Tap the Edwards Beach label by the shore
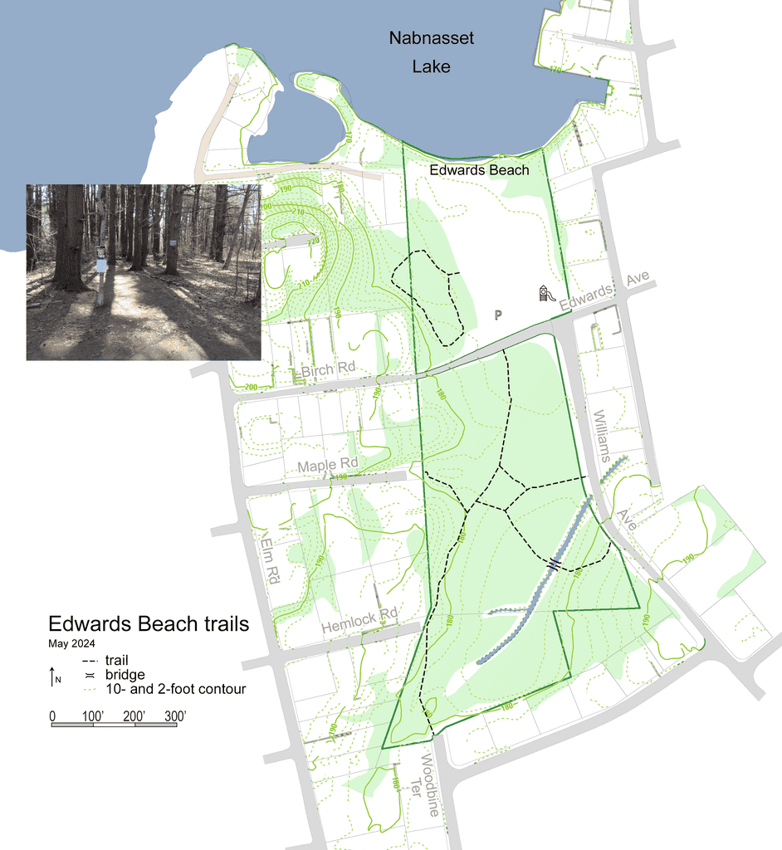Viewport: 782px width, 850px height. tap(479, 170)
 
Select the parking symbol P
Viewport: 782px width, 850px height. tap(498, 315)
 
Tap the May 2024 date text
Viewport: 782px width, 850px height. tap(71, 642)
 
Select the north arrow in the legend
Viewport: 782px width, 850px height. tap(53, 676)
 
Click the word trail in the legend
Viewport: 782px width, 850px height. tap(118, 660)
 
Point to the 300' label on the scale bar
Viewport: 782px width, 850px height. tap(174, 716)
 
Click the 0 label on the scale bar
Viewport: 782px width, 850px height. tap(52, 716)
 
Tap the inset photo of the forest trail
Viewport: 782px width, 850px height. tap(144, 272)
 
